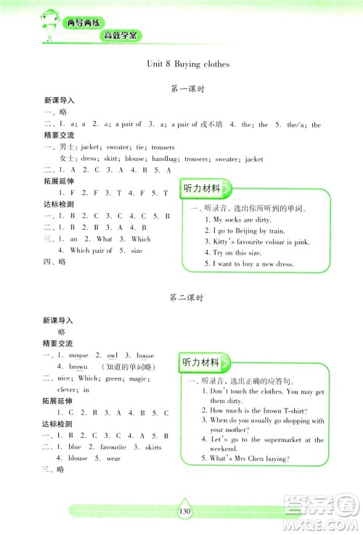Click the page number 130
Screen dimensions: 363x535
coord(184,512)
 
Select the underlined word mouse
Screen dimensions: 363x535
coord(78,356)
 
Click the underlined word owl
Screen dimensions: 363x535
coord(112,356)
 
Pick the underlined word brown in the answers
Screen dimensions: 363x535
coord(78,368)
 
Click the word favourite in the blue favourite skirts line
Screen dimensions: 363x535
coord(113,447)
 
